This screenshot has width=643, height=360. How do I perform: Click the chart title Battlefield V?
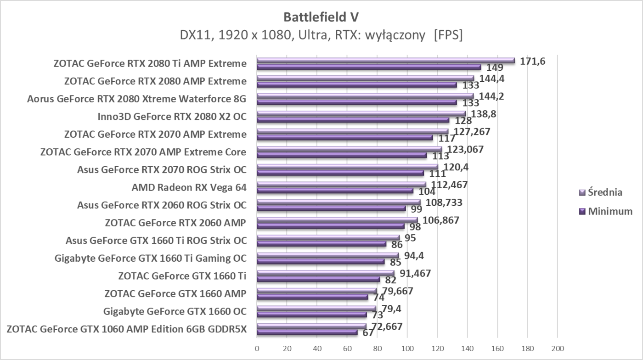(321, 17)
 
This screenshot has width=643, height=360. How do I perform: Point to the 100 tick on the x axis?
(407, 348)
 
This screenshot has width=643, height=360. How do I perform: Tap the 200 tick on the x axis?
(557, 348)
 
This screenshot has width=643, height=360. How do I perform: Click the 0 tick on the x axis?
(257, 348)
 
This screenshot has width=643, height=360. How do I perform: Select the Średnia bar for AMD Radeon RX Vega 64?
(341, 184)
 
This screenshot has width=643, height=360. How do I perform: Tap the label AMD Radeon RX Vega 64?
(189, 187)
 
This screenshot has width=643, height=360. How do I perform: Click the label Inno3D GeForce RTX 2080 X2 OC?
(172, 117)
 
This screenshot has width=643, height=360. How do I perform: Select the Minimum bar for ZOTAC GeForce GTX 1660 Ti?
(318, 279)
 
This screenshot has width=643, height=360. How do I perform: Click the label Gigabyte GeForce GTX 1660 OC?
(175, 312)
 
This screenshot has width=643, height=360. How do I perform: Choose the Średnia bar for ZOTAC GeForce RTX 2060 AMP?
(337, 219)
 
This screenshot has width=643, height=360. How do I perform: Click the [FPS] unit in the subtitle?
(448, 35)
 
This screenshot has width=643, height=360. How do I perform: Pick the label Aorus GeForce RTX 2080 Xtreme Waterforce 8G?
(136, 99)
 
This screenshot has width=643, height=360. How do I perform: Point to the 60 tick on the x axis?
(347, 348)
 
